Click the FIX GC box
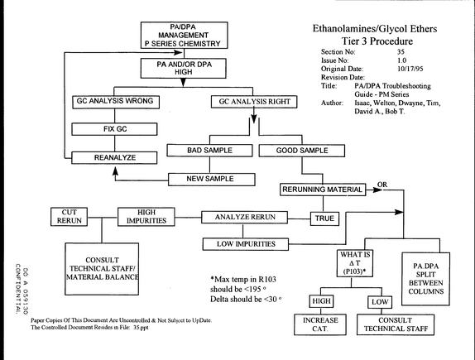[x=114, y=129]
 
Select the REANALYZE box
[x=114, y=157]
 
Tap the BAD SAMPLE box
[x=209, y=151]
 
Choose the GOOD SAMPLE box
[x=302, y=151]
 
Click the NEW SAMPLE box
[x=212, y=179]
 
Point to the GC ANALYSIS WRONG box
[x=116, y=102]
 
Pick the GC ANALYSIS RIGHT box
[x=254, y=102]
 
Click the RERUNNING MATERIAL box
[x=323, y=190]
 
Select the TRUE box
[x=324, y=218]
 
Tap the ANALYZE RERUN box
[x=244, y=218]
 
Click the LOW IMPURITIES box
[x=246, y=244]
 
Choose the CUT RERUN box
[x=69, y=217]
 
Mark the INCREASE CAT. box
[x=320, y=324]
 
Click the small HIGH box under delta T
[x=321, y=301]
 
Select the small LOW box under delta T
[x=380, y=302]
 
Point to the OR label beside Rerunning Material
[x=382, y=185]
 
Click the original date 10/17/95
[x=410, y=69]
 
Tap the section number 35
[x=401, y=52]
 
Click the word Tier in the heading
[x=351, y=41]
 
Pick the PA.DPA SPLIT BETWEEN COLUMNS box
[x=425, y=279]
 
